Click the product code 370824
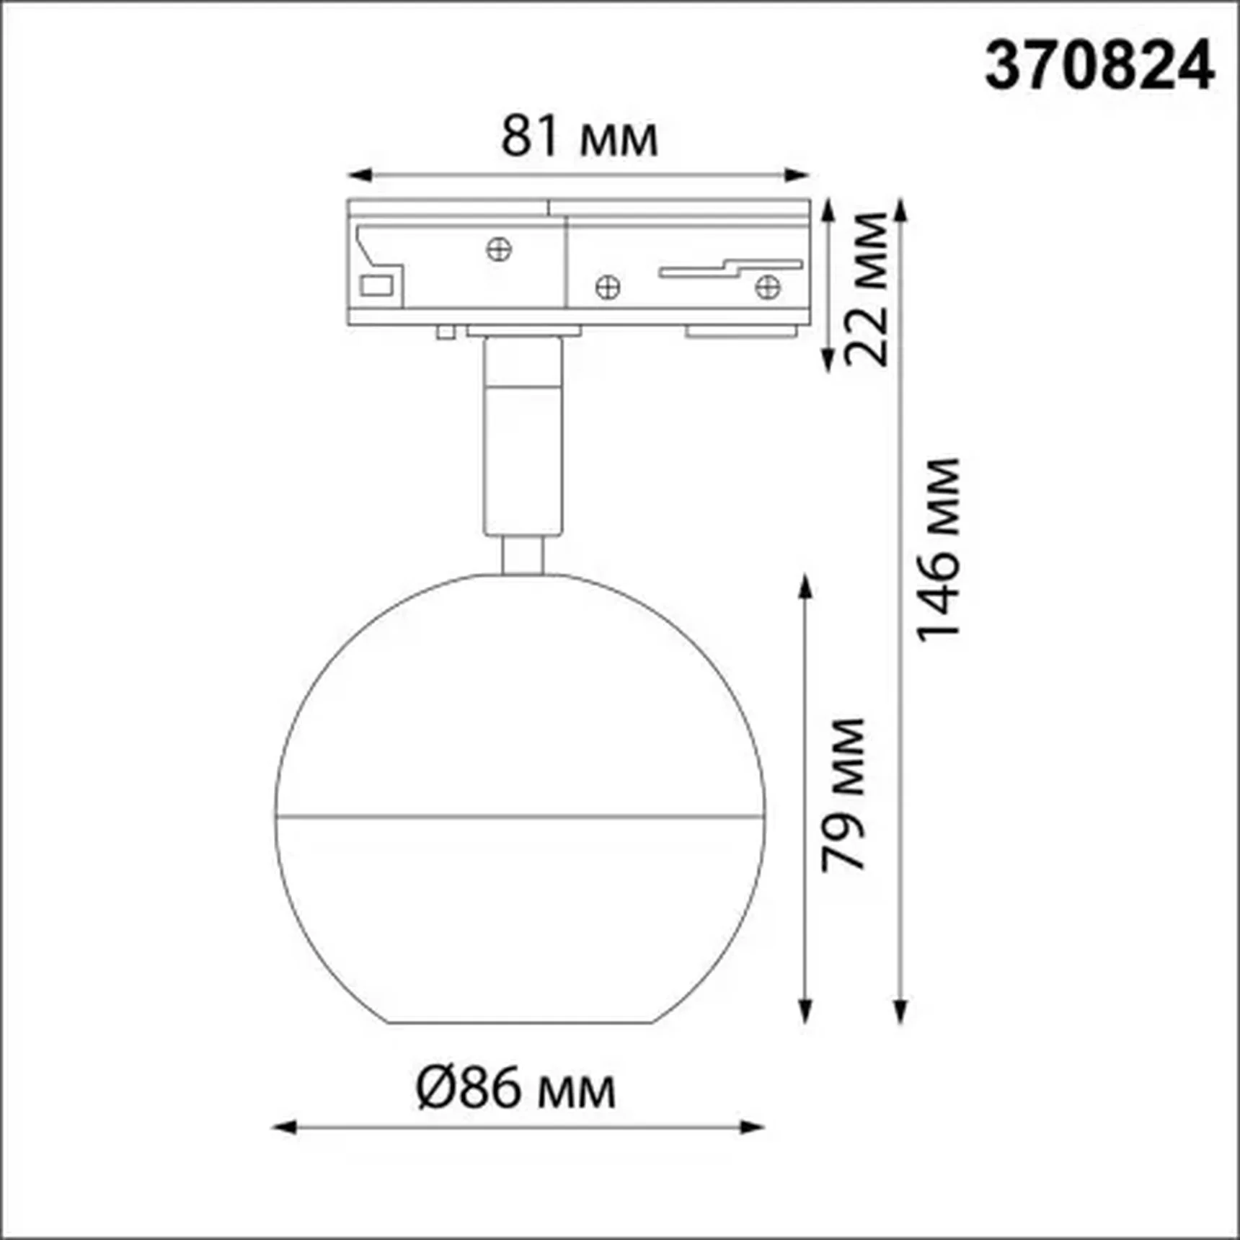pyautogui.click(x=1099, y=66)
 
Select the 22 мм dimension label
pyautogui.click(x=867, y=289)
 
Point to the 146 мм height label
pyautogui.click(x=939, y=549)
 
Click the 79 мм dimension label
pyautogui.click(x=843, y=794)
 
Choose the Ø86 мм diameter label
pyautogui.click(x=516, y=1089)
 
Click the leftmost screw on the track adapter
pyautogui.click(x=499, y=250)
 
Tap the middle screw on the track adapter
pyautogui.click(x=608, y=287)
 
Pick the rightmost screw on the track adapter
pyautogui.click(x=768, y=287)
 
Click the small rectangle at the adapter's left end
pyautogui.click(x=376, y=285)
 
